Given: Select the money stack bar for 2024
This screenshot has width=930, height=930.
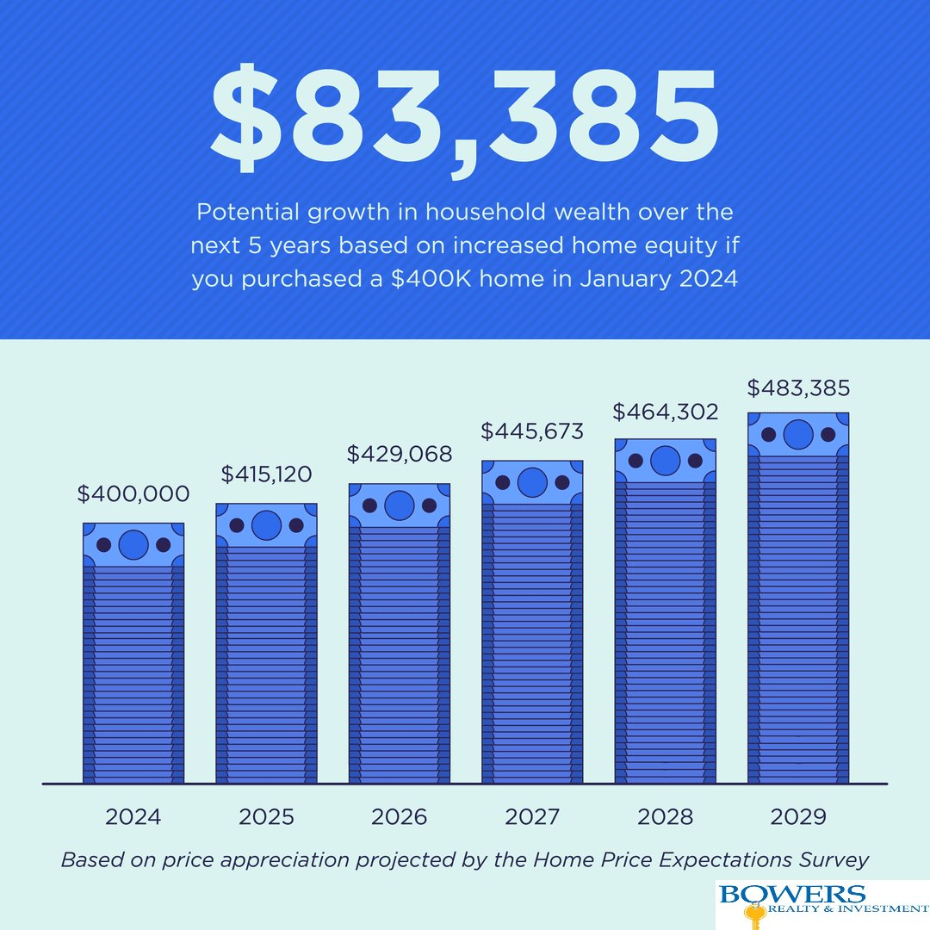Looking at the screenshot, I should pos(133,663).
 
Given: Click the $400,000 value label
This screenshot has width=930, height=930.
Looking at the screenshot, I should pos(133,494).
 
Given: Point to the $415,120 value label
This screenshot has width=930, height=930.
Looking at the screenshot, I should pos(266,474).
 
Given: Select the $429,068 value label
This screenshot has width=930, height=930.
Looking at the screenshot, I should pos(400,454).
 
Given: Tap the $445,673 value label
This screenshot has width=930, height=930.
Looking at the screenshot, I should pos(532,431).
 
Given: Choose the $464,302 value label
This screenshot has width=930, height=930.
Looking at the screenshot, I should pos(665,412).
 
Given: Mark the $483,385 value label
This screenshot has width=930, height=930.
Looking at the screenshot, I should pos(798,388).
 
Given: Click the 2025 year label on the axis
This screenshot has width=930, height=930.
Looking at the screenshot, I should pos(266,817).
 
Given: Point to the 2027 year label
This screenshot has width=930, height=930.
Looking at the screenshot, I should pos(532,817).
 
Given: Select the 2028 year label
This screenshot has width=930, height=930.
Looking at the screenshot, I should pos(665,817).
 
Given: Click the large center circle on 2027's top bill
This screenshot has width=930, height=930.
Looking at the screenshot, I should pos(532,482).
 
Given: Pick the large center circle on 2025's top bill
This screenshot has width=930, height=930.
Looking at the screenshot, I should pos(266,525).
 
